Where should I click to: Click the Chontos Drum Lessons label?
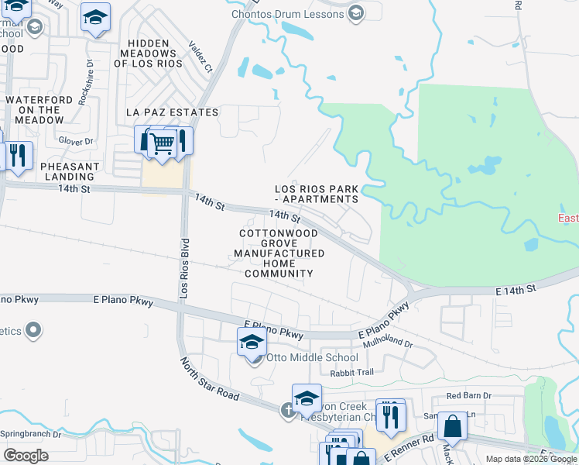[287, 15]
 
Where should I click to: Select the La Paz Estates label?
[172, 112]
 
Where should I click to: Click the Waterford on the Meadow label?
[44, 110]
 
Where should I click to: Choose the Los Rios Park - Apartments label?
[317, 194]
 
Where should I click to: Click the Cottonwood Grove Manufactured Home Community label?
[279, 253]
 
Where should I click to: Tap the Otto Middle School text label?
[312, 357]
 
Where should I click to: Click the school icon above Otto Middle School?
[252, 341]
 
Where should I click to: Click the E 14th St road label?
[516, 289]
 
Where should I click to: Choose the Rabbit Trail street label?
[351, 373]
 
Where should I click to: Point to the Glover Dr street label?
[76, 141]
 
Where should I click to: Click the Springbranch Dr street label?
[31, 434]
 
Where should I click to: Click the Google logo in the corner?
[26, 455]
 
